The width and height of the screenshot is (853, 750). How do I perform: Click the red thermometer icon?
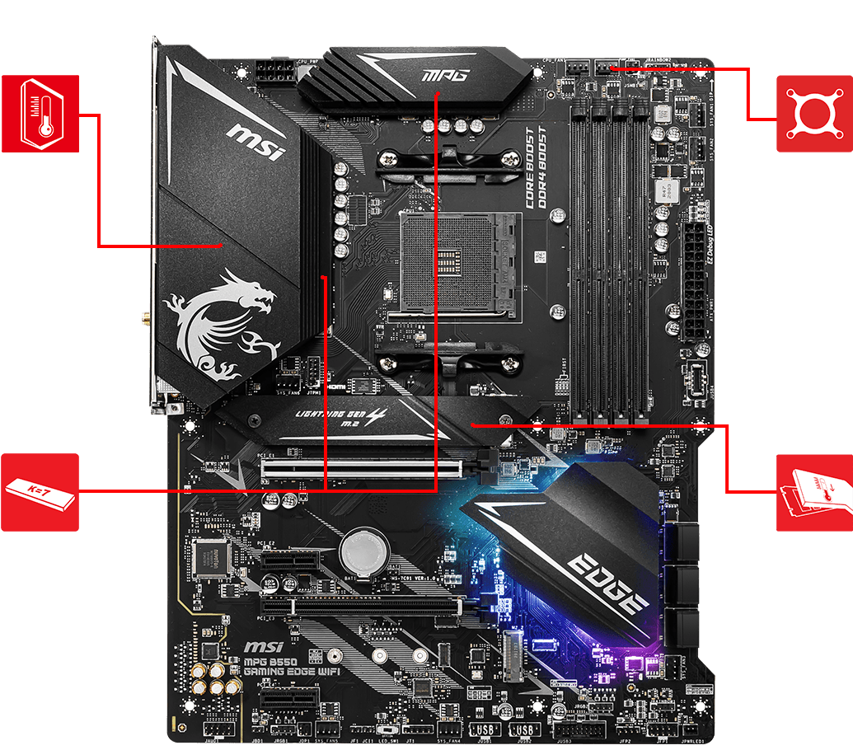pos(40,114)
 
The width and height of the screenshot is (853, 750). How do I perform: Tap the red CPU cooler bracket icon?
pos(814,114)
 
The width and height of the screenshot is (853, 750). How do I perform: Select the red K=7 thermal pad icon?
pos(40,491)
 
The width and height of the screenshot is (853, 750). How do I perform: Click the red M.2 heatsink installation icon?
pos(814,491)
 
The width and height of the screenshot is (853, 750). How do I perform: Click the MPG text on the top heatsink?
pos(445,76)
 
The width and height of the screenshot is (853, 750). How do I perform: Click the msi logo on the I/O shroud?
pos(255,142)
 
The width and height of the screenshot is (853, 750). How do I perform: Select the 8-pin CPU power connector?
pos(273,71)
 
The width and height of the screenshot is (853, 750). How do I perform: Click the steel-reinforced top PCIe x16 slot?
pos(363,470)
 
